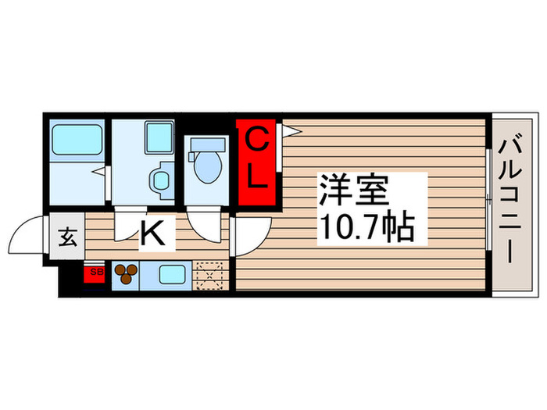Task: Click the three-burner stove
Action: [x=126, y=274]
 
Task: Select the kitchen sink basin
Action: [x=171, y=274]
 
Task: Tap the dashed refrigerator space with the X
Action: [x=209, y=275]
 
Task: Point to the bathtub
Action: [x=76, y=141]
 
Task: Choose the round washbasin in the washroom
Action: [x=162, y=179]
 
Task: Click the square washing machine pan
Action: [x=159, y=137]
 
